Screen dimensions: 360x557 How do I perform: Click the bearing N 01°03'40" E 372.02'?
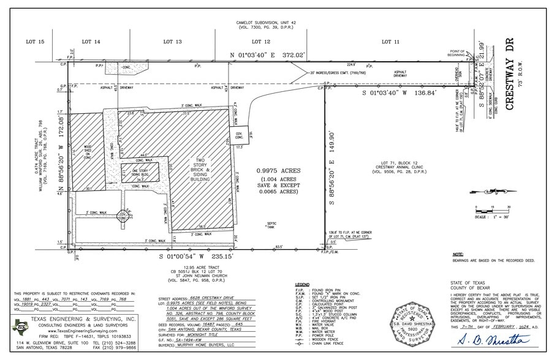267,55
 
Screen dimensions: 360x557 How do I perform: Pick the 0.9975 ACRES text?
277,173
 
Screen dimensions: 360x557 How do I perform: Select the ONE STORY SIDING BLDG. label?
144,172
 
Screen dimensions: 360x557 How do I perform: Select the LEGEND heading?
302,285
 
